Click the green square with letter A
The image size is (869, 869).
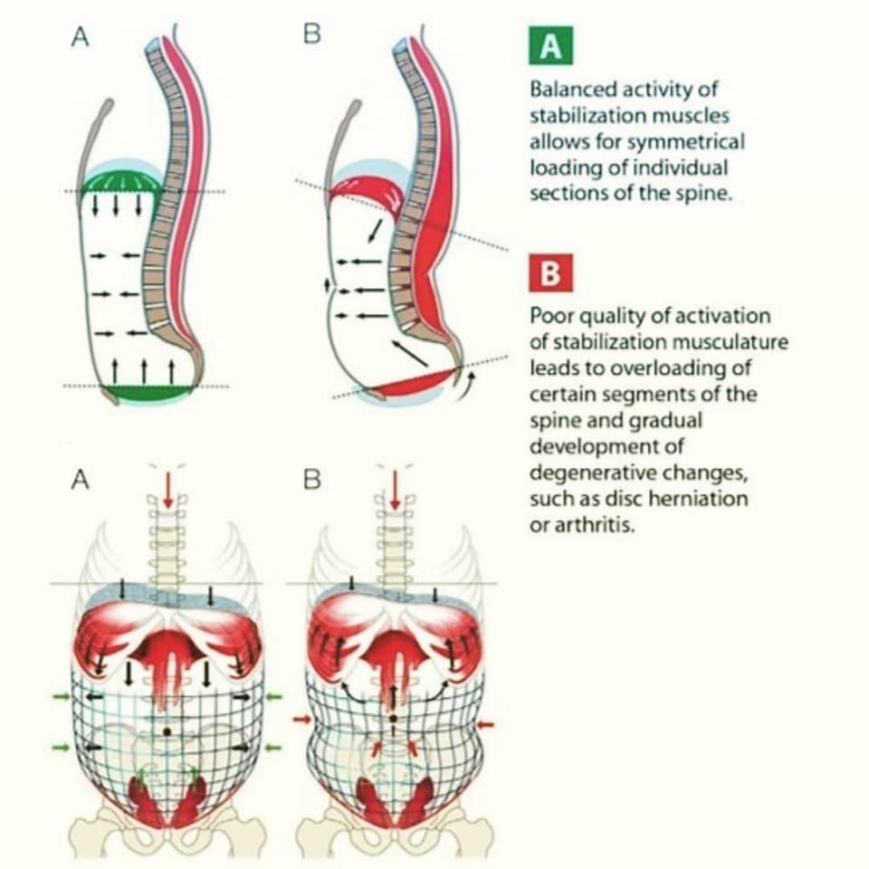coord(550,46)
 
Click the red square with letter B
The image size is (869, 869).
coord(550,273)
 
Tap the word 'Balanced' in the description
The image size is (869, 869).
coord(570,90)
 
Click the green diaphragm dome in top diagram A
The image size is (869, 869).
coord(121,182)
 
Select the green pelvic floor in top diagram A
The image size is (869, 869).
coord(148,391)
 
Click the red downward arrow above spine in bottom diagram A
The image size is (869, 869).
coord(168,489)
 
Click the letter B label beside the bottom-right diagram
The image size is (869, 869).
coord(311,480)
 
